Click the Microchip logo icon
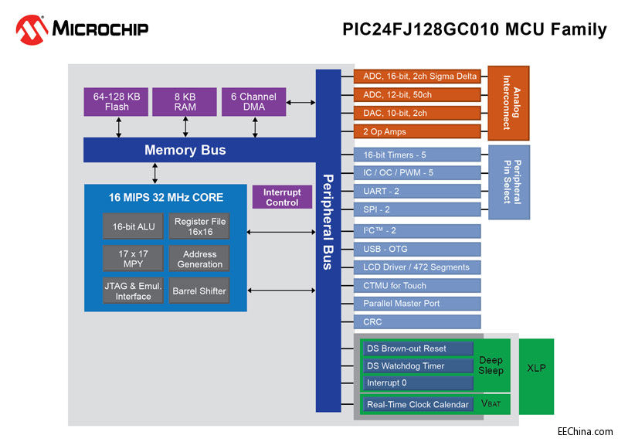click(x=32, y=29)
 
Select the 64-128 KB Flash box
click(x=117, y=102)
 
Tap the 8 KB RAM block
click(x=184, y=102)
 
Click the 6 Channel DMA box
click(x=253, y=102)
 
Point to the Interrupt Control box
click(x=282, y=198)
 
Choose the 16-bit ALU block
click(x=133, y=226)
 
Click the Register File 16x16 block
click(x=200, y=226)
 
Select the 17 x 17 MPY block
click(x=133, y=259)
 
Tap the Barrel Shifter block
click(x=200, y=291)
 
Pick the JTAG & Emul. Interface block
click(x=133, y=291)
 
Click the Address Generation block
click(x=200, y=259)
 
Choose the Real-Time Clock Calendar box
click(x=418, y=404)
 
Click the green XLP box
click(x=535, y=368)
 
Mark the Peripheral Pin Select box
click(x=508, y=182)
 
